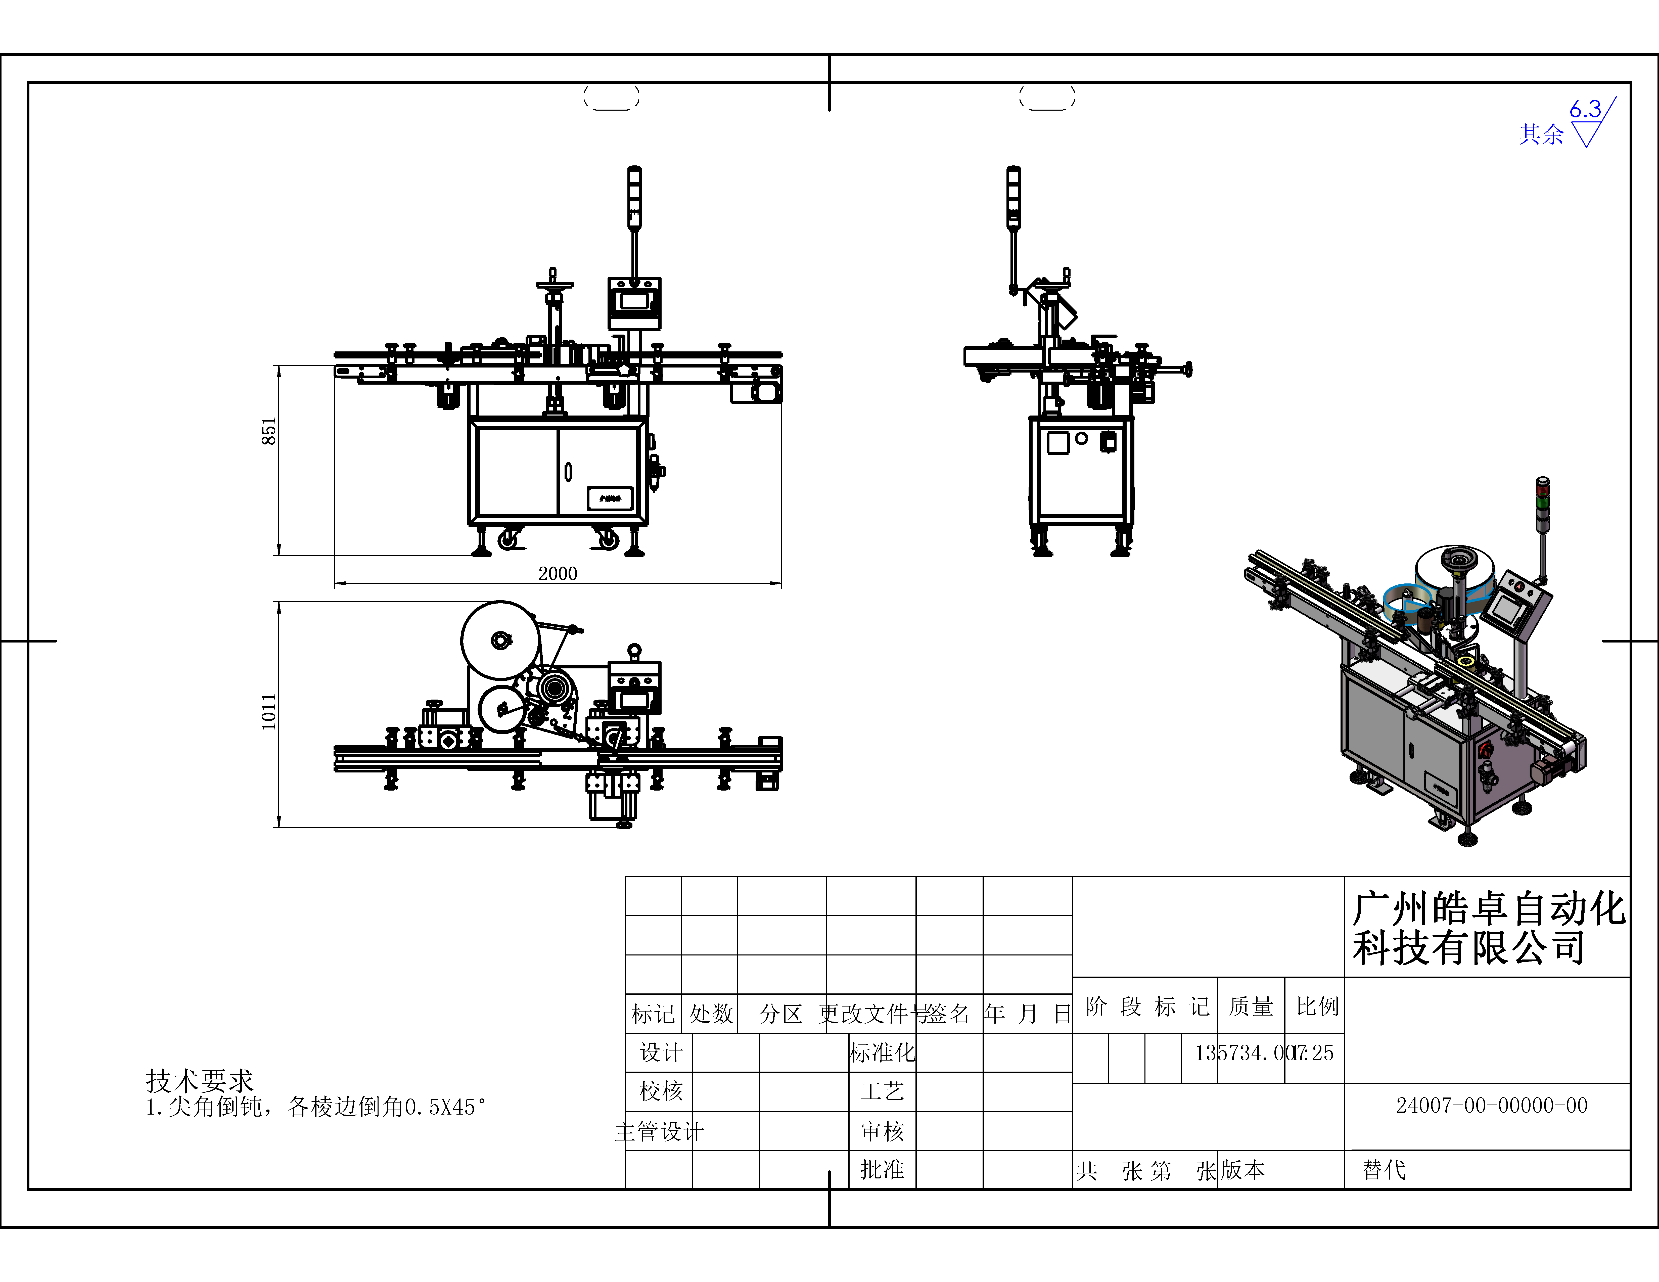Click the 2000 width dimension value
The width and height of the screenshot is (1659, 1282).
coord(558,573)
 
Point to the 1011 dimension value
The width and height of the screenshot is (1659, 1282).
coord(269,712)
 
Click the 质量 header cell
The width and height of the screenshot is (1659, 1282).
coord(1250,1006)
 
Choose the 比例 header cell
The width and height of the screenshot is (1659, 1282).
coord(1316,1006)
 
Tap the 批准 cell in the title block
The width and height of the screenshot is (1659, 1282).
coord(882,1170)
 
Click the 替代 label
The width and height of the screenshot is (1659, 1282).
coord(1384,1170)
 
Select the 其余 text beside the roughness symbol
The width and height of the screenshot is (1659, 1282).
coord(1541,134)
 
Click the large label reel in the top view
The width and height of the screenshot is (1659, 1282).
coord(500,640)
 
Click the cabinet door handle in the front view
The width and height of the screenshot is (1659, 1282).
coord(568,472)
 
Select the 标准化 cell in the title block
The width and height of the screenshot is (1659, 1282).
coord(882,1053)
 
